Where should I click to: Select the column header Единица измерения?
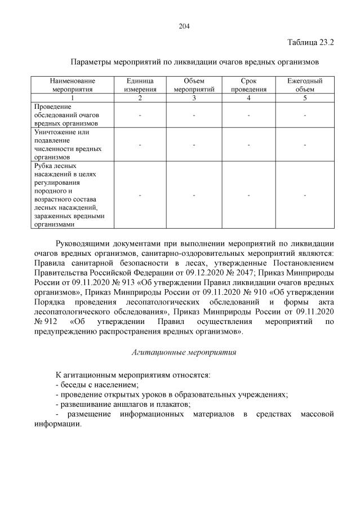(140, 85)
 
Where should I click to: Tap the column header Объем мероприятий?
(194, 85)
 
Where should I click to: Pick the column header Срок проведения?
(248, 85)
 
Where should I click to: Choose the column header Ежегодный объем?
(304, 85)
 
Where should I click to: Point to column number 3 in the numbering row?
(194, 98)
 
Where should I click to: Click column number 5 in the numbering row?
(304, 98)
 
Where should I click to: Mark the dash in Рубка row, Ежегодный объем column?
(304, 195)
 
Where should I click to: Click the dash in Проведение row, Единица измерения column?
(140, 115)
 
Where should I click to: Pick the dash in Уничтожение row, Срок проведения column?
(248, 145)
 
